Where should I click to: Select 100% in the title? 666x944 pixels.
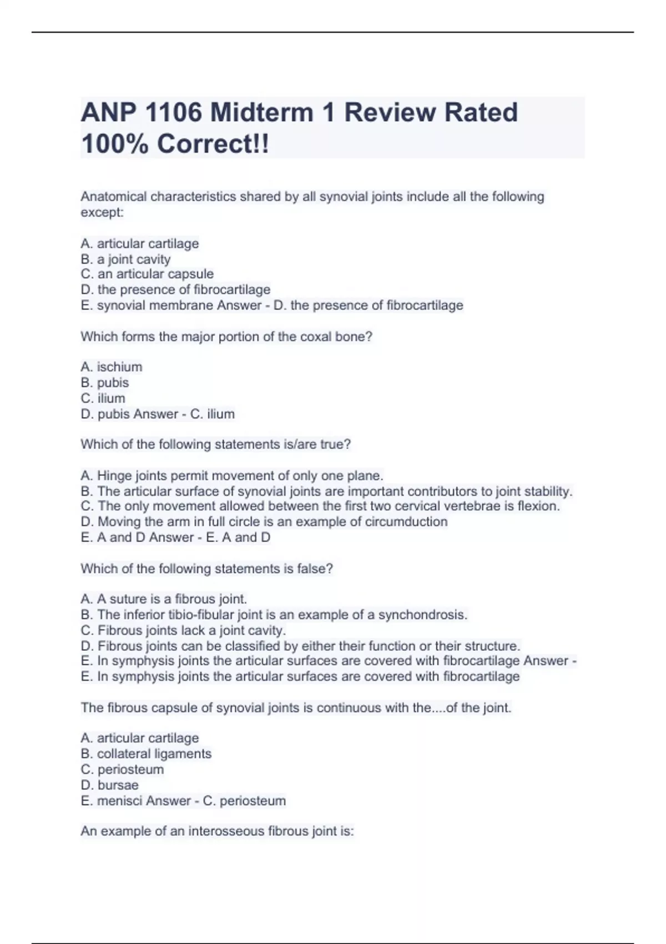[x=114, y=144]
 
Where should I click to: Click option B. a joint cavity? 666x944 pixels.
[x=125, y=259]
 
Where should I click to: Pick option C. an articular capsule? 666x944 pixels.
[x=147, y=274]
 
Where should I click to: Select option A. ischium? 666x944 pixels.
[x=112, y=366]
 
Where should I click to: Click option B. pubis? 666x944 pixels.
[x=105, y=382]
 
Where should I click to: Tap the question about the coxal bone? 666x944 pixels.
[x=226, y=337]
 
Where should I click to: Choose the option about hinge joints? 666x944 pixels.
[x=232, y=475]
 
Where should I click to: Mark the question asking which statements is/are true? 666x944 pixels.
[x=216, y=444]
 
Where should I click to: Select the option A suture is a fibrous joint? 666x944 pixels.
[x=164, y=599]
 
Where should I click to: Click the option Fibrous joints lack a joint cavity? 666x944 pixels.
[x=183, y=630]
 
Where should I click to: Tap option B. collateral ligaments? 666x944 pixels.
[x=146, y=754]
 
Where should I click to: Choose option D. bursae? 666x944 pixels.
[x=110, y=785]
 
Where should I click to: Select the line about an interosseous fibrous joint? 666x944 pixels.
[x=217, y=831]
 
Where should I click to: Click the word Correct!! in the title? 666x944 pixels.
[x=213, y=144]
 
